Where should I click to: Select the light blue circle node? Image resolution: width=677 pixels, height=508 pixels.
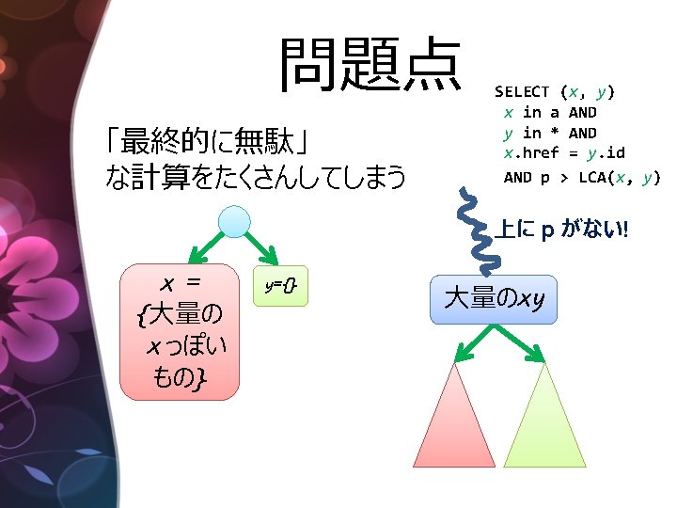point(234,221)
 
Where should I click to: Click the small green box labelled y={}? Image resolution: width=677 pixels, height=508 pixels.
point(281,285)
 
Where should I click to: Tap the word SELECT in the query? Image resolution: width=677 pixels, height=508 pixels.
point(522,91)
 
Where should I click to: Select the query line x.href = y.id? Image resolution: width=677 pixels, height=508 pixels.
point(563,153)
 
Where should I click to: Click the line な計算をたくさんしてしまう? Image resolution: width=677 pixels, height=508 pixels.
point(255,176)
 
